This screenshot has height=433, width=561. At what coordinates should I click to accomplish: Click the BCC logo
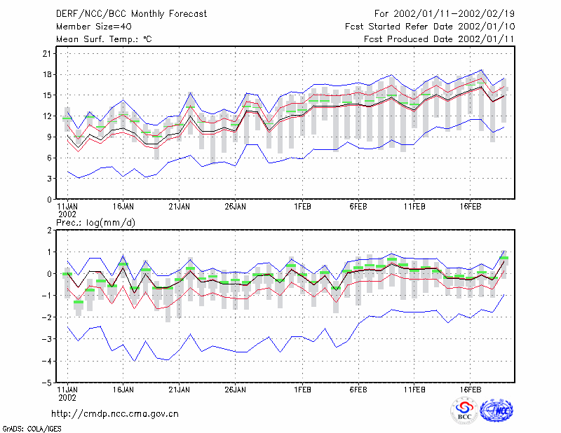tap(464, 411)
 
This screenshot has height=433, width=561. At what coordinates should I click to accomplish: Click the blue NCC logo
tap(496, 411)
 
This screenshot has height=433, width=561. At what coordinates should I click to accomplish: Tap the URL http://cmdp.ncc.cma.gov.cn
tap(115, 414)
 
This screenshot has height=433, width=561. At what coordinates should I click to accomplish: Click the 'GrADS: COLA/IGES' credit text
tap(32, 429)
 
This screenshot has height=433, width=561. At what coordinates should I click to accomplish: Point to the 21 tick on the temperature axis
tap(47, 54)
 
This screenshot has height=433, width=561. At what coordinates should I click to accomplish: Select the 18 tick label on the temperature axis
tap(47, 75)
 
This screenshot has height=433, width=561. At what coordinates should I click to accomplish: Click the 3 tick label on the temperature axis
tap(49, 179)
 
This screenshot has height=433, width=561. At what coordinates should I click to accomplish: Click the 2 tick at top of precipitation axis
tap(49, 231)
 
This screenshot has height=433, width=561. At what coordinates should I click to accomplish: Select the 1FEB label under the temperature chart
tap(303, 207)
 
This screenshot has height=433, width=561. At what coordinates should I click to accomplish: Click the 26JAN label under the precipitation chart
tap(236, 390)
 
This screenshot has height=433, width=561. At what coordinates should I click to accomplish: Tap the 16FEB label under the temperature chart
tap(471, 207)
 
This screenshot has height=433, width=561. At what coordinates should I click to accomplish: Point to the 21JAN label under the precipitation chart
tap(180, 390)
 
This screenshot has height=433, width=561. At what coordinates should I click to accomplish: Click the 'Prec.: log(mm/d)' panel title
tap(96, 223)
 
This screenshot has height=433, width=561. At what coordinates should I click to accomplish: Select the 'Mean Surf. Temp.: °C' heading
tap(104, 39)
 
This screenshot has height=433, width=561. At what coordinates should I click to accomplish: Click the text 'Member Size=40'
tap(94, 27)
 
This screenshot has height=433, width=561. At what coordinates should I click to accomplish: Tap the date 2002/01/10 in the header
tap(487, 27)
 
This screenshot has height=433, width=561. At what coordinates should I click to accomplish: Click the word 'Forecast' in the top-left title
tap(188, 14)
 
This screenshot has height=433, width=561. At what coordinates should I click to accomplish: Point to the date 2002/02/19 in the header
tap(487, 14)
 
